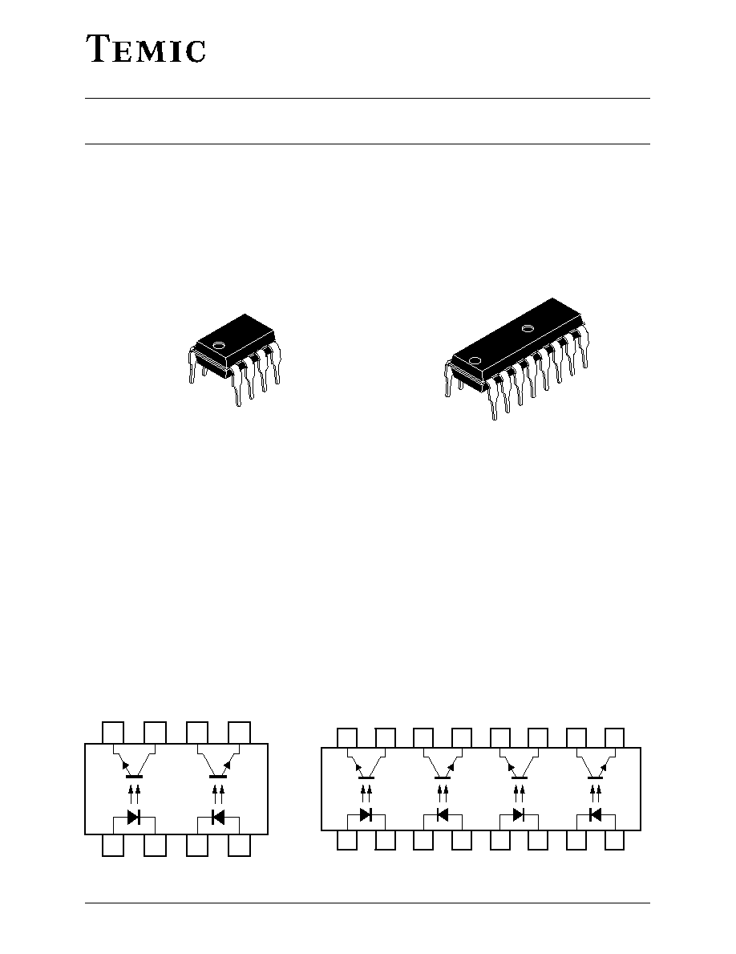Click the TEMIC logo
pos(145,49)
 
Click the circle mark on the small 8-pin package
pos(217,345)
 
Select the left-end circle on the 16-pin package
pos(475,359)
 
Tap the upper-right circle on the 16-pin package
pos(528,328)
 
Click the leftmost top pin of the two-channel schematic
pos(113,733)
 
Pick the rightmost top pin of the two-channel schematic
pos(240,733)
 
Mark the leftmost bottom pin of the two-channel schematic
pos(113,845)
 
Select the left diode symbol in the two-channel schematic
pos(134,817)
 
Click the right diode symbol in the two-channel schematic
pos(217,817)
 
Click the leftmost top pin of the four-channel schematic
pos(347,738)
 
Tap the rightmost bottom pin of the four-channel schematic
pos(614,839)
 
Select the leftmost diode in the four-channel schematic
pos(366,814)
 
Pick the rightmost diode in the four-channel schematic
pos(595,814)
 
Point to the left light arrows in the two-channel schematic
pos(135,794)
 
